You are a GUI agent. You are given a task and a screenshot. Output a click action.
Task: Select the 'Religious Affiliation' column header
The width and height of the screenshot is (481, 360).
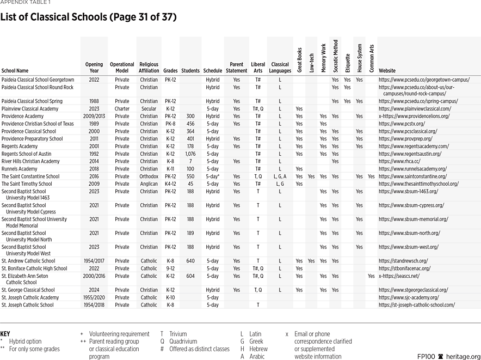coord(149,68)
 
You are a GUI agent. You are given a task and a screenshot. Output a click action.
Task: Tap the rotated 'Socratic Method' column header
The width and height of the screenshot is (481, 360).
coord(335,56)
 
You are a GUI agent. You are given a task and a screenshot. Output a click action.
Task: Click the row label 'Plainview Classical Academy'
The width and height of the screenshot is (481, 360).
coord(29,109)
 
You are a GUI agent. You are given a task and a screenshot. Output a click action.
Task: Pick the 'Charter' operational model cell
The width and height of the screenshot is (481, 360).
coord(122,109)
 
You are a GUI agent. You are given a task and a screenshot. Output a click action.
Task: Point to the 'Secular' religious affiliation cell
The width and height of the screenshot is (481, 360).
coord(149,109)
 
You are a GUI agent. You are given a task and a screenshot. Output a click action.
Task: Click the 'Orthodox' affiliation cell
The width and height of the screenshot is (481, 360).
coord(149,176)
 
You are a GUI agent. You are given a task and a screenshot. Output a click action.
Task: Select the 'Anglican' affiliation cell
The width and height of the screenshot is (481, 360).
coord(149,184)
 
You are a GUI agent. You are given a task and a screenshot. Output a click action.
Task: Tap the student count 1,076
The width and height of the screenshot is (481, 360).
coord(190,154)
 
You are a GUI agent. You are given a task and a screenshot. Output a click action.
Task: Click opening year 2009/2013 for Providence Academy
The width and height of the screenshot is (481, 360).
coord(94,117)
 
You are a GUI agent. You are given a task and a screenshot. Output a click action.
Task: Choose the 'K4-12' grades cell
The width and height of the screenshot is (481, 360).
coord(170,184)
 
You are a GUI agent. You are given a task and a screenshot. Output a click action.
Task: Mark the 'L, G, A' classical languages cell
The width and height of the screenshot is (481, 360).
coord(280,176)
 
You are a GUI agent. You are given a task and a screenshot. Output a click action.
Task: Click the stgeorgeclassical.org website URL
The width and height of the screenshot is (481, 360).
coord(413,290)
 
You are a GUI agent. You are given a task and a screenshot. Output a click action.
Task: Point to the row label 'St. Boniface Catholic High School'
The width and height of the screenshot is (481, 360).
coord(34,269)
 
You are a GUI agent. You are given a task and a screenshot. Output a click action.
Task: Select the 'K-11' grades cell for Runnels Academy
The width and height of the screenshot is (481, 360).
coord(170,169)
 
